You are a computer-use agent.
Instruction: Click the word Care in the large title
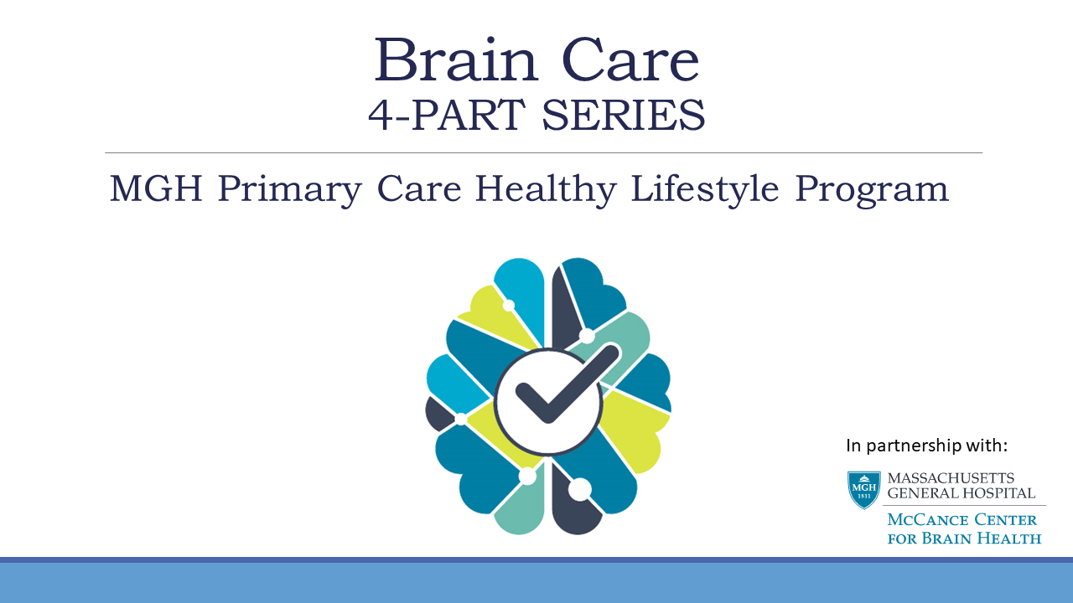tap(630, 59)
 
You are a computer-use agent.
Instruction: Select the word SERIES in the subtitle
tap(623, 116)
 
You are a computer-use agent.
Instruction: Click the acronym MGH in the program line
tap(156, 189)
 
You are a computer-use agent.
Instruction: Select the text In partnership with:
tap(926, 445)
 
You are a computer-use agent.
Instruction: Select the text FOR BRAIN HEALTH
tap(964, 539)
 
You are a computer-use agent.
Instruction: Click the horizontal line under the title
tap(543, 152)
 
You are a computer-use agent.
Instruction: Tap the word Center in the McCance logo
tap(1007, 521)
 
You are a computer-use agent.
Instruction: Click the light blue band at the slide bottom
tap(536, 584)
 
